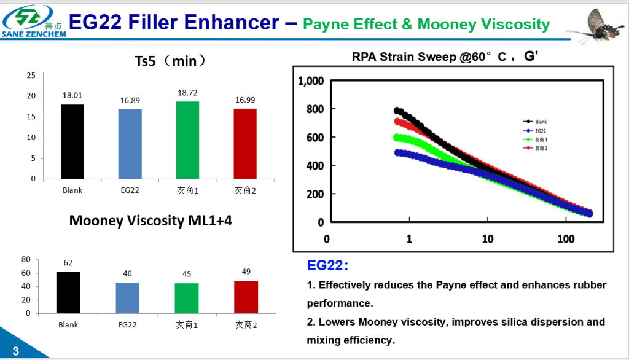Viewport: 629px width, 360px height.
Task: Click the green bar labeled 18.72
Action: pos(187,140)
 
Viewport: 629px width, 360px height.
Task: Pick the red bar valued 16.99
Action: pos(245,144)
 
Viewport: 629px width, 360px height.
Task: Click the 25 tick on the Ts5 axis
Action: pos(31,75)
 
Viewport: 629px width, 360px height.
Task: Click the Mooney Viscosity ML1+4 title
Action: pos(150,221)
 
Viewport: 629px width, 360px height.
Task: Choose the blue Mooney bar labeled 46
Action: pos(127,298)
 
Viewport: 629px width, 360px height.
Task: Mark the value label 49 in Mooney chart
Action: pos(246,272)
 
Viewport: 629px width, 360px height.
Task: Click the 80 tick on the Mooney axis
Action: pos(26,260)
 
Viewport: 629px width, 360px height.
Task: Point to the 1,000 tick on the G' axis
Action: pos(310,81)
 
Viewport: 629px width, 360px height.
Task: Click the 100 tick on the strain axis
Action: pos(566,238)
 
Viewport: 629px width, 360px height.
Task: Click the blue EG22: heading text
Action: pos(327,265)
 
